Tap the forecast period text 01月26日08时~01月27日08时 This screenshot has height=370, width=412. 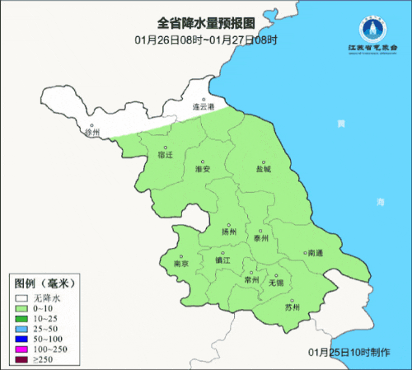[x=205, y=39]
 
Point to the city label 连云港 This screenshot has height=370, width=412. [x=204, y=107]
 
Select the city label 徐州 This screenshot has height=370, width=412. [x=92, y=132]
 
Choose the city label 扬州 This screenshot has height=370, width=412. [x=229, y=232]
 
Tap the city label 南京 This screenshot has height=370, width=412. [x=181, y=264]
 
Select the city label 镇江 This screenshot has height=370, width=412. [x=223, y=260]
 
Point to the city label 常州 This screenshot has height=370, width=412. [x=251, y=280]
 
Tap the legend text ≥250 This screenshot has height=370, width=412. [x=44, y=358]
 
